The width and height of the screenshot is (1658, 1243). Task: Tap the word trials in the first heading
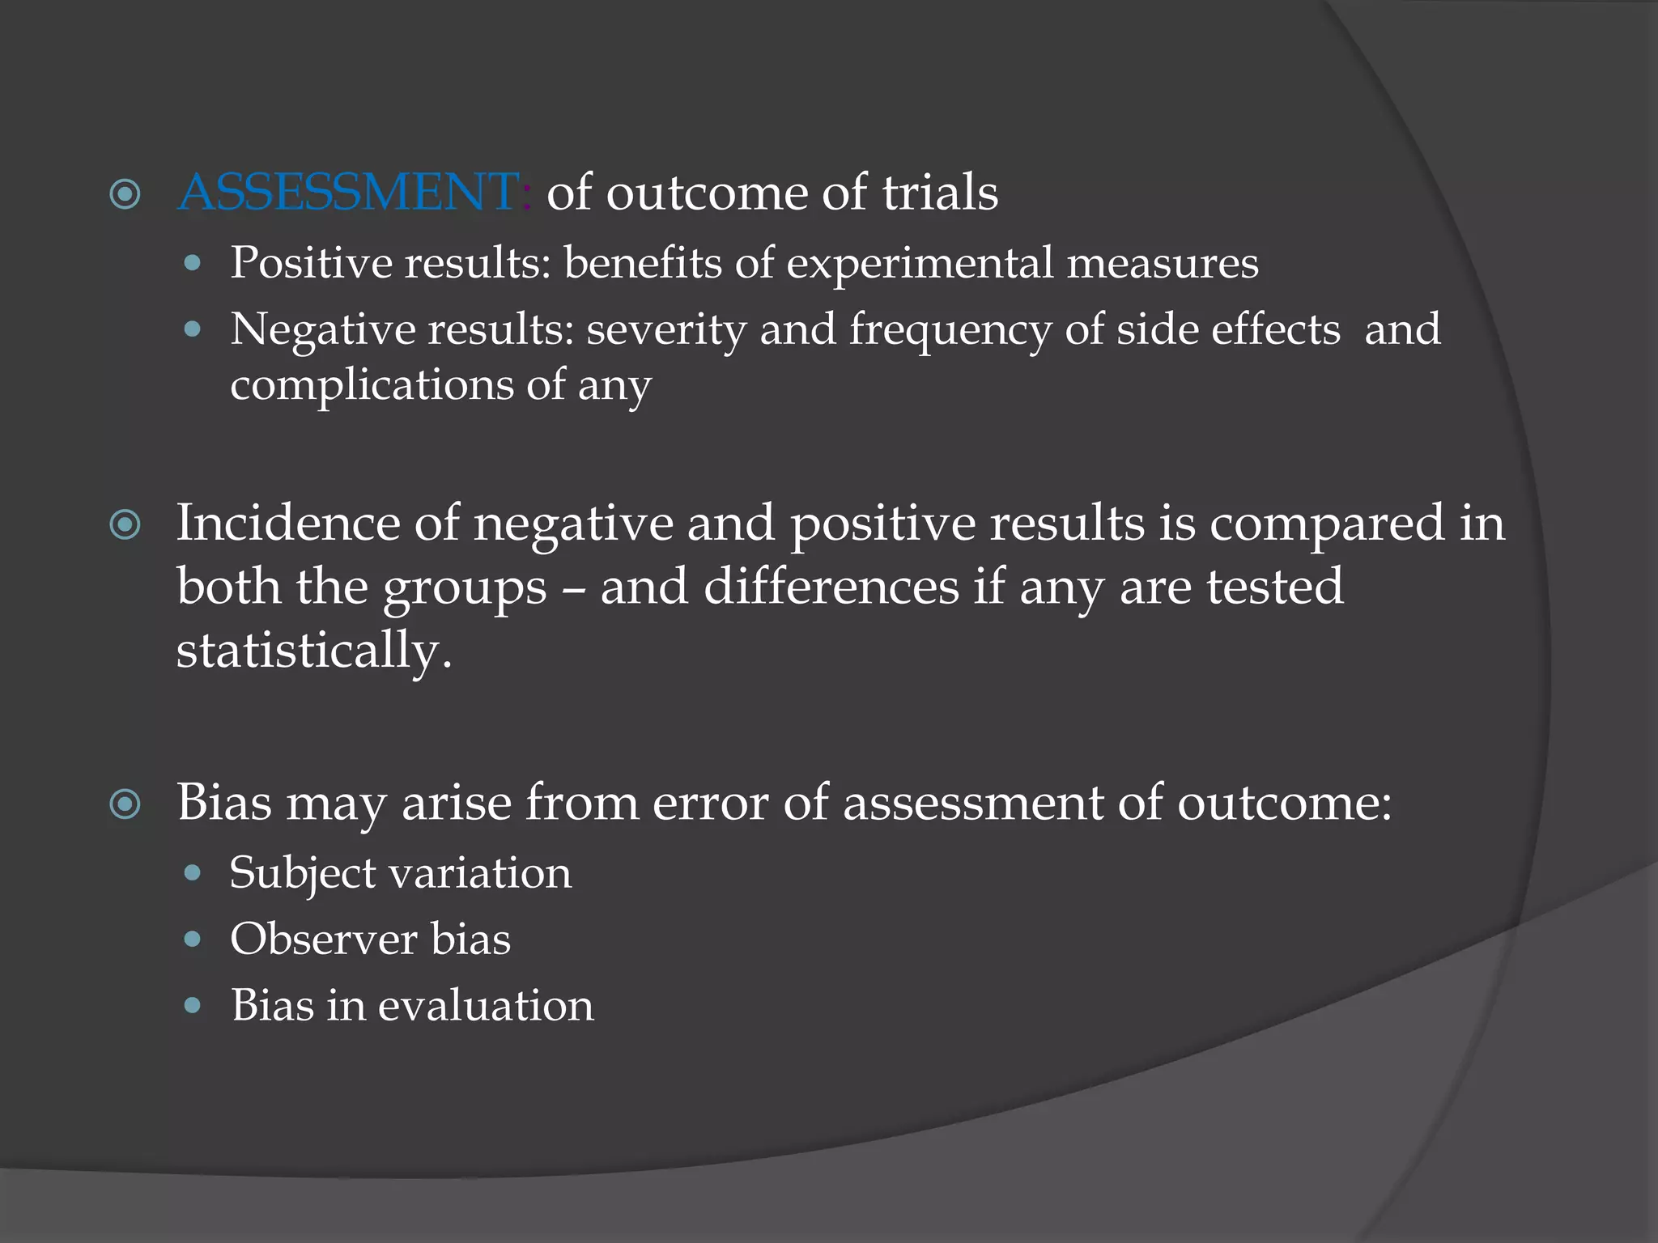click(x=939, y=193)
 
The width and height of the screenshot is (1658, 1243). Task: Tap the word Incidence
click(x=287, y=523)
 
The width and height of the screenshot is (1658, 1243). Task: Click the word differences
click(x=831, y=587)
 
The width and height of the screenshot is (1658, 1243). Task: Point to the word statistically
click(x=312, y=650)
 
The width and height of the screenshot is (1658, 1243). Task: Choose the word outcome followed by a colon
click(x=1282, y=803)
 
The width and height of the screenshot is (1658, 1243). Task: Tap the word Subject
click(x=302, y=874)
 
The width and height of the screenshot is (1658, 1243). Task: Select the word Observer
click(x=323, y=940)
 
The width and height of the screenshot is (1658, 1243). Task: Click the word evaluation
click(x=486, y=1006)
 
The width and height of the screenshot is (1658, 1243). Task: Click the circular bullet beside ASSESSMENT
click(x=125, y=195)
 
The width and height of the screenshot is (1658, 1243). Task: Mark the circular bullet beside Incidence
click(x=125, y=525)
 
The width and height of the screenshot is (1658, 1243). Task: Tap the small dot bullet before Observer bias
click(x=192, y=940)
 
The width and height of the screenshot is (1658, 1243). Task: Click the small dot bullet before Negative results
click(x=192, y=329)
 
